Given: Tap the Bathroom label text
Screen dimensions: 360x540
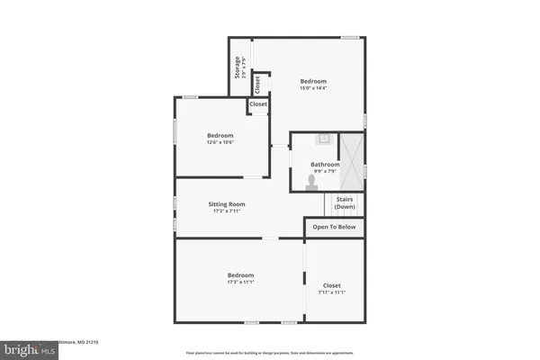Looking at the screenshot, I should coord(325,165).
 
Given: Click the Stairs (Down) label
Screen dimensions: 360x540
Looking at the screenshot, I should coord(345,203).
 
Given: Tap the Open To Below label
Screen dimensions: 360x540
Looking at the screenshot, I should coord(334,227).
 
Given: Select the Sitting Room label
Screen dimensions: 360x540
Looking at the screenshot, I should coord(229,204).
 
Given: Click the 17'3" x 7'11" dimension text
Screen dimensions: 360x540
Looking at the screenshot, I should coord(229,211).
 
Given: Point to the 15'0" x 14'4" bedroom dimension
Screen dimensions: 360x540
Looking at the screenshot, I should coord(313,88).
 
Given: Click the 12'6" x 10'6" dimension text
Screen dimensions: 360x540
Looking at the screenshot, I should coord(220,142).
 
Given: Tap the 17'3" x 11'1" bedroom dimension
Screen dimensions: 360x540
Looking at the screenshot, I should coord(240,283).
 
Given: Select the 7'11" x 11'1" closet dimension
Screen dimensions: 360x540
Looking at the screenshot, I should coord(332,292).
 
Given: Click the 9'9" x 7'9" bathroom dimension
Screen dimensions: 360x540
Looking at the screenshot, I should coord(325,172).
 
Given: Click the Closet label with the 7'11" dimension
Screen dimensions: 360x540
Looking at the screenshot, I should coord(332,285).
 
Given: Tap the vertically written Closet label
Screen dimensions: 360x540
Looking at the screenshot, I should coord(258,85).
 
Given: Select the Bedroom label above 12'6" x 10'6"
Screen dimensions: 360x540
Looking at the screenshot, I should coord(220,135).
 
